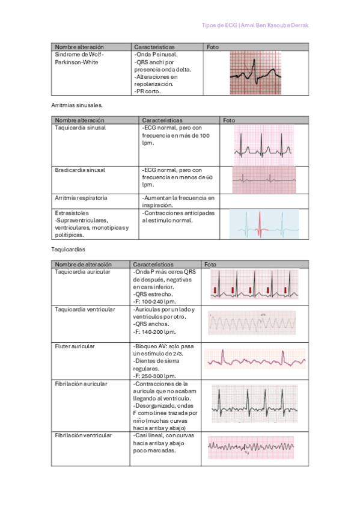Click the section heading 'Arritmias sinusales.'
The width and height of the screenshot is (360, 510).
tap(78, 105)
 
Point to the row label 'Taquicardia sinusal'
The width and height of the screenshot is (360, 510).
tap(80, 128)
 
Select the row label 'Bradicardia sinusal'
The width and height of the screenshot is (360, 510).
tap(80, 170)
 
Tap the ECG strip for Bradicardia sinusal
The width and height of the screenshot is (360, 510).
tap(264, 179)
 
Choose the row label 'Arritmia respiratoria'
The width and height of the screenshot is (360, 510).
tap(81, 197)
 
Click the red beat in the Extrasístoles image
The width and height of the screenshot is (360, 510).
tap(260, 224)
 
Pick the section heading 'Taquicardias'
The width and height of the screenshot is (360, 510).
tap(67, 248)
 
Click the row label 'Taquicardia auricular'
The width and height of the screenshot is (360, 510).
tap(82, 272)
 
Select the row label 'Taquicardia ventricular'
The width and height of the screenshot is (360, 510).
tap(85, 309)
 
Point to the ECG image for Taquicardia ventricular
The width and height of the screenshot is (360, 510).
tap(252, 323)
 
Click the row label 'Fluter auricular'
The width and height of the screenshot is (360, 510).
tap(75, 346)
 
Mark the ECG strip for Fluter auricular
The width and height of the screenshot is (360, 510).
tap(255, 359)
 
